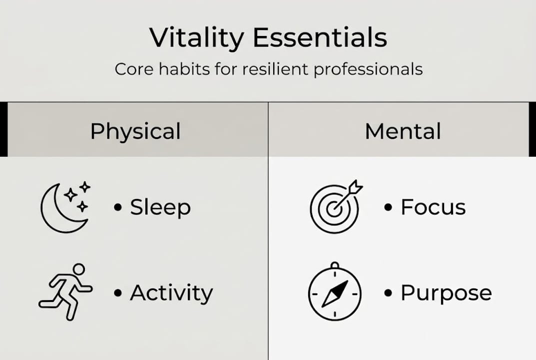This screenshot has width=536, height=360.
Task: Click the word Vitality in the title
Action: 196,38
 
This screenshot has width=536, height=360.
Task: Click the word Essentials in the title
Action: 320,37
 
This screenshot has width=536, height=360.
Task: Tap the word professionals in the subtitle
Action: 368,70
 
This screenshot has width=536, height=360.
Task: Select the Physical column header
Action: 135,131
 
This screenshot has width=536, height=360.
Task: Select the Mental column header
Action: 403,131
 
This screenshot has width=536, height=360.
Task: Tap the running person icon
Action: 65,292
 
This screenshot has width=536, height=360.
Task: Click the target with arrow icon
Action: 336,206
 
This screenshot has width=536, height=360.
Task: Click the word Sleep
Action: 160,207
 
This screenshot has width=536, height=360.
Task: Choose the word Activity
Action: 171,293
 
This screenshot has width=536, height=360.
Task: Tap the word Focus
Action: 433,207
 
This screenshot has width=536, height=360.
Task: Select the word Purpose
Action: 446,293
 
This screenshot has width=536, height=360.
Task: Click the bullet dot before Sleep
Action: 118,207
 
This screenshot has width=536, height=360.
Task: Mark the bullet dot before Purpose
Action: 388,293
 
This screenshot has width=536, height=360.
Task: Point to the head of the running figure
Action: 79,269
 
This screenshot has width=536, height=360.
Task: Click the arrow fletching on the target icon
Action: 355,187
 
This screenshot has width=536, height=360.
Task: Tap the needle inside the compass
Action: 335,293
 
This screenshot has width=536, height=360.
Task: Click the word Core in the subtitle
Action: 134,69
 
